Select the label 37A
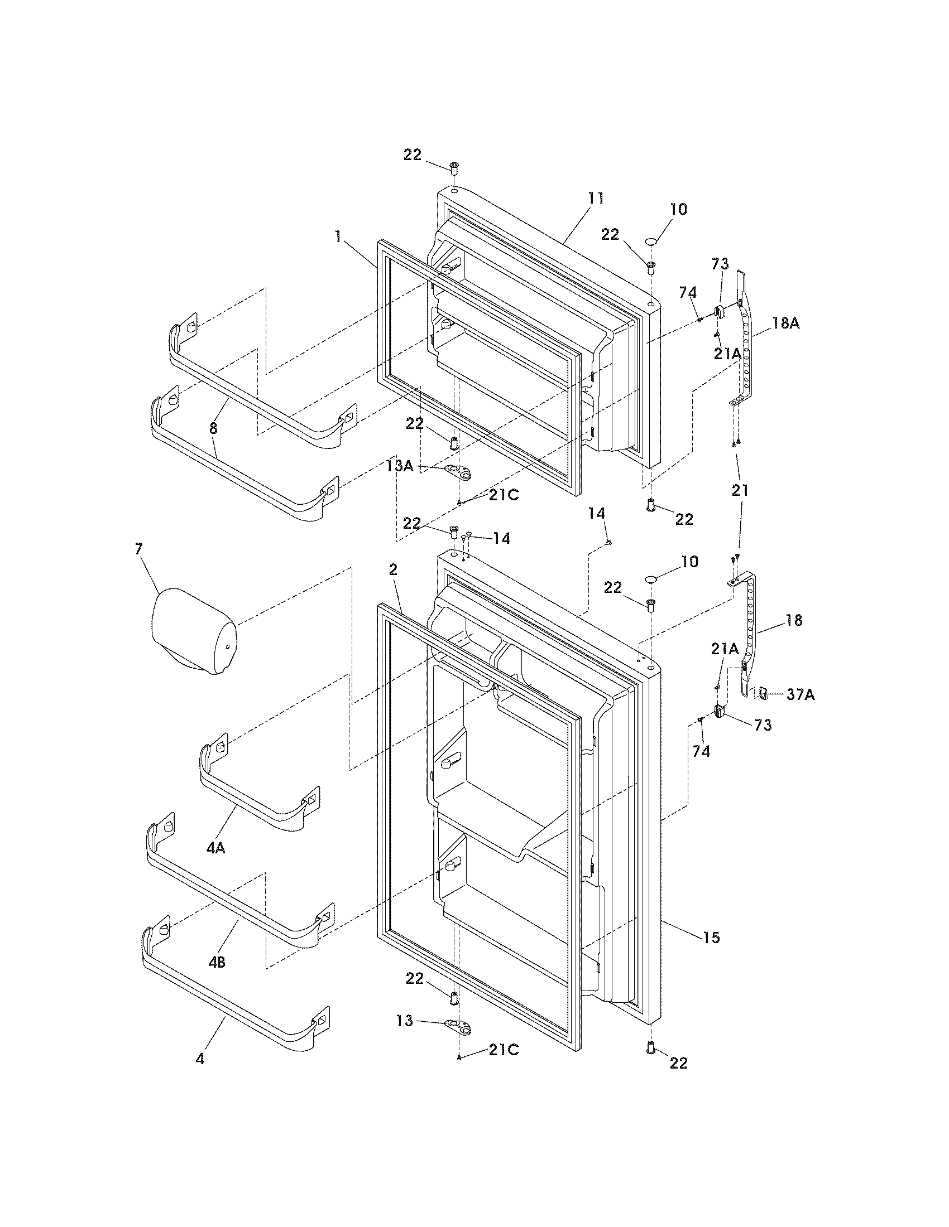(800, 695)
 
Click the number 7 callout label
(139, 549)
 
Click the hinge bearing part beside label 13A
(458, 471)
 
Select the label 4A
(215, 848)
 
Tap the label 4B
(217, 962)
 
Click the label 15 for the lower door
(711, 937)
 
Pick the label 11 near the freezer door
(596, 198)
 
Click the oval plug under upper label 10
(651, 241)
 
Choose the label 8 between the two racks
(213, 428)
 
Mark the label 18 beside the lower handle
(794, 620)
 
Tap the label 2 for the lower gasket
(393, 569)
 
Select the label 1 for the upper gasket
(338, 237)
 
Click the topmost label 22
(412, 154)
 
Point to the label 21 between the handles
(740, 490)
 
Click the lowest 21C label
(503, 1050)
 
